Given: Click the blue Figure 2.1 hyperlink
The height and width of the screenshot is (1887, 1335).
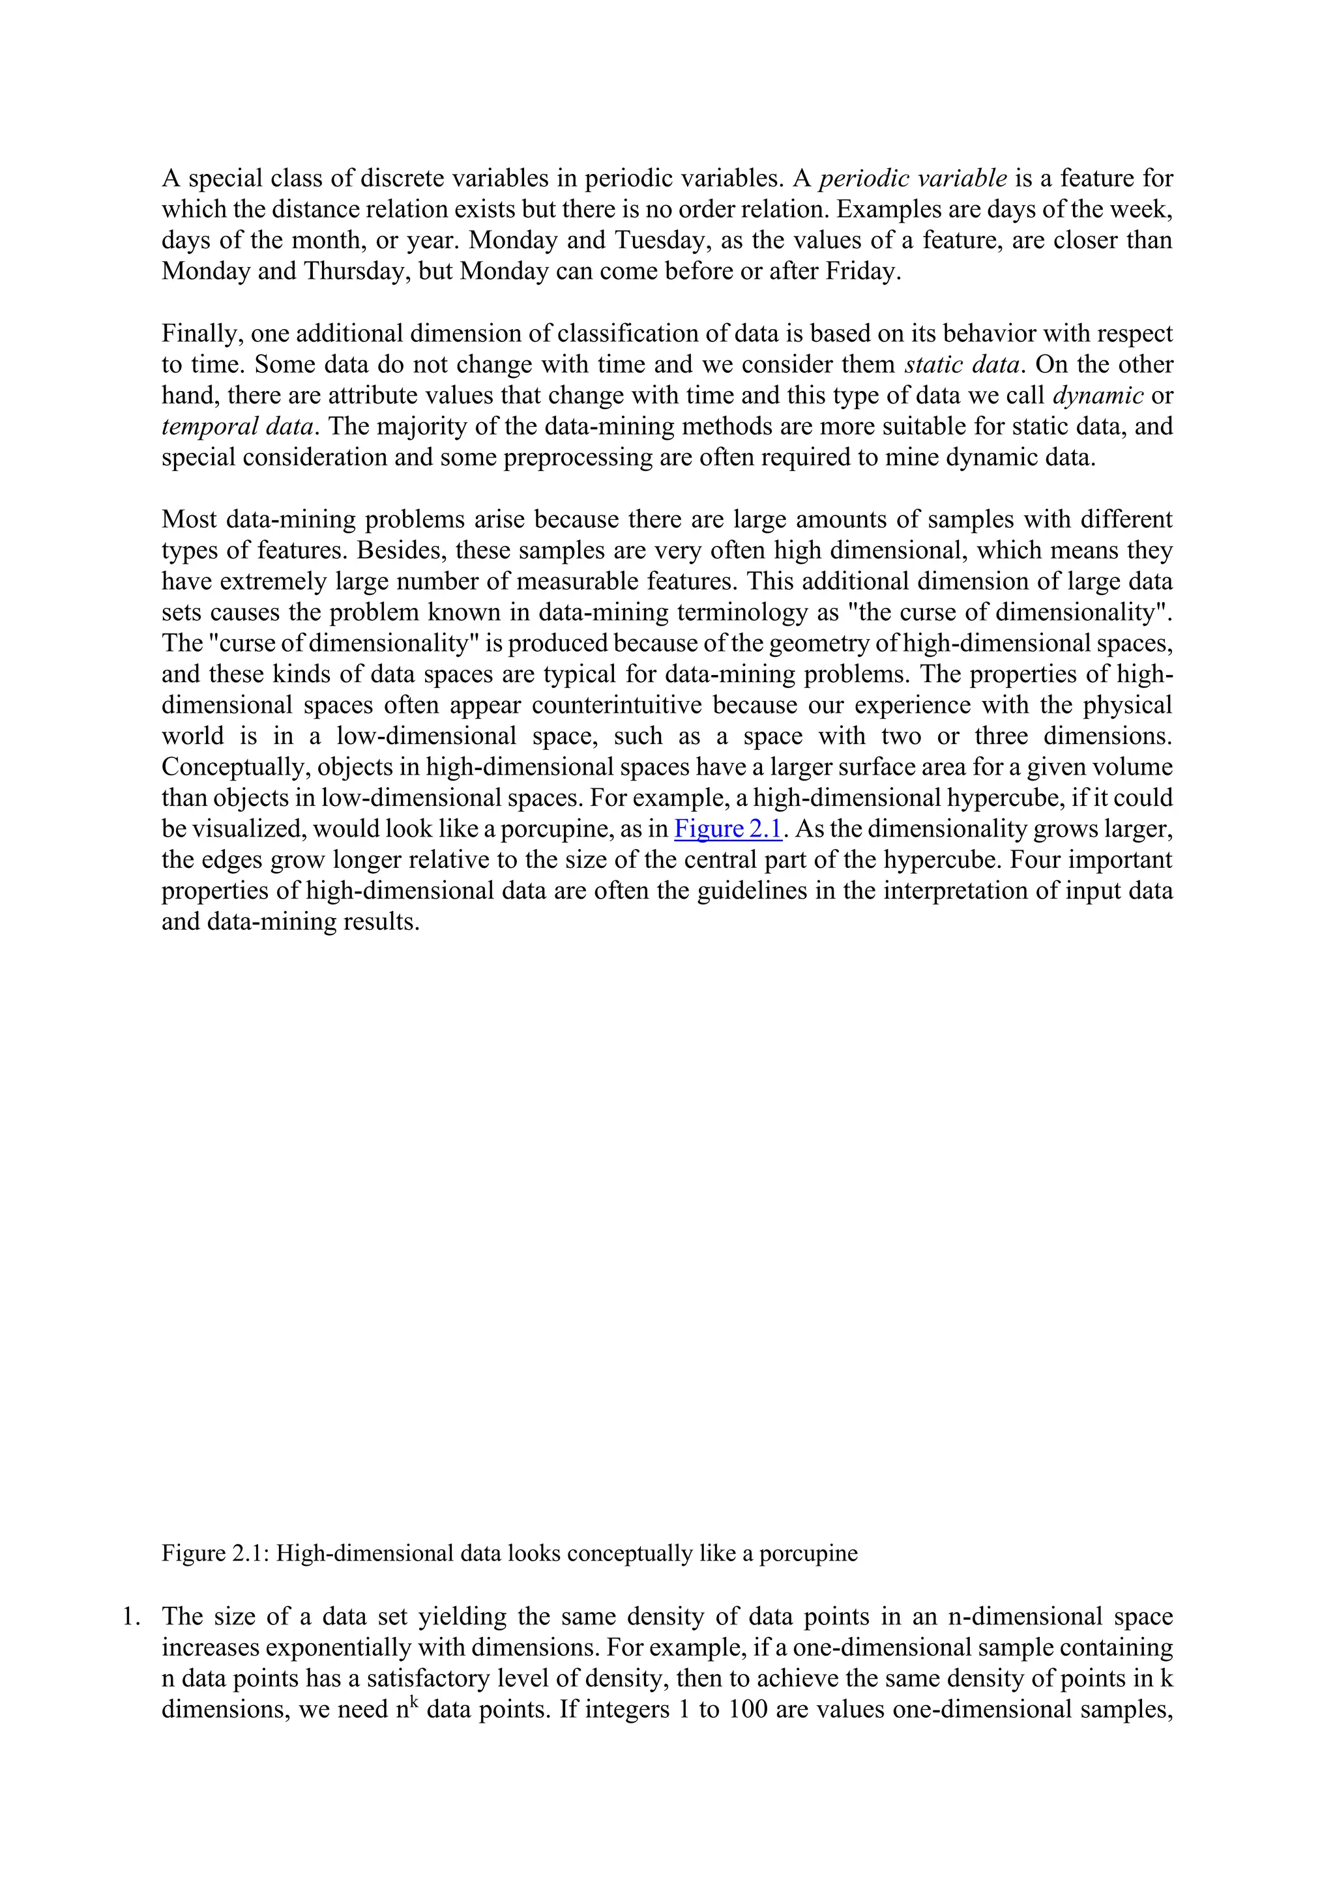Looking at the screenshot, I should tap(727, 829).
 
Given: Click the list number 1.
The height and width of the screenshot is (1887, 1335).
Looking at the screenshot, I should tap(131, 1617).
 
